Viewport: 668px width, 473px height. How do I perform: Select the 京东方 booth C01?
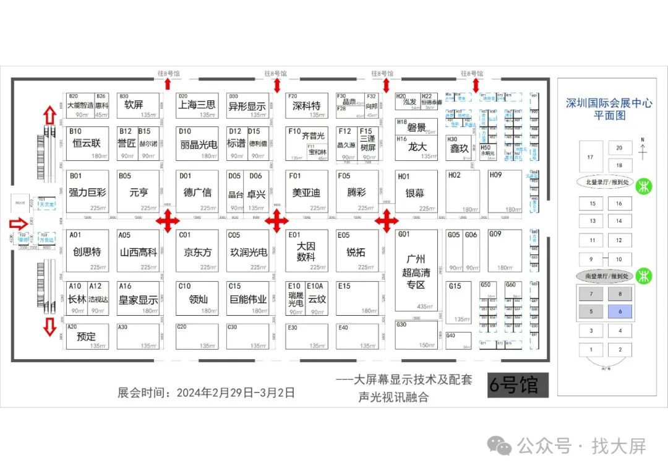[x=197, y=251]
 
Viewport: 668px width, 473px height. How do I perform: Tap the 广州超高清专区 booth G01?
[x=416, y=270]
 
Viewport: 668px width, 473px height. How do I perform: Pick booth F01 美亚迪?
[x=306, y=191]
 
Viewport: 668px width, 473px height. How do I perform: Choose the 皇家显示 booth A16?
[x=138, y=298]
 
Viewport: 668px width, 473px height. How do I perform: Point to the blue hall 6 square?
[x=619, y=311]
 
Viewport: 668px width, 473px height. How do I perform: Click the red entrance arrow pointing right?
[x=19, y=223]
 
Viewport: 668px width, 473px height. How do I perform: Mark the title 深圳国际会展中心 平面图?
[x=609, y=109]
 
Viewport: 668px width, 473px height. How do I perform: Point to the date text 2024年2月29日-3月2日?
[x=236, y=393]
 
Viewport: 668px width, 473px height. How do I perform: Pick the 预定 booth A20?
[x=87, y=336]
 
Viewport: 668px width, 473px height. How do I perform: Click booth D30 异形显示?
[x=247, y=105]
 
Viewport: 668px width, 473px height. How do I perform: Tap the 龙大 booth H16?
[x=416, y=147]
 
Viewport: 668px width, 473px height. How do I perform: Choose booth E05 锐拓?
[x=357, y=251]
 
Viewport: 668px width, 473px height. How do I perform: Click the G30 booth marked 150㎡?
[x=416, y=334]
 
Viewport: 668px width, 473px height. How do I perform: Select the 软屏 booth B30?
[x=138, y=105]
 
